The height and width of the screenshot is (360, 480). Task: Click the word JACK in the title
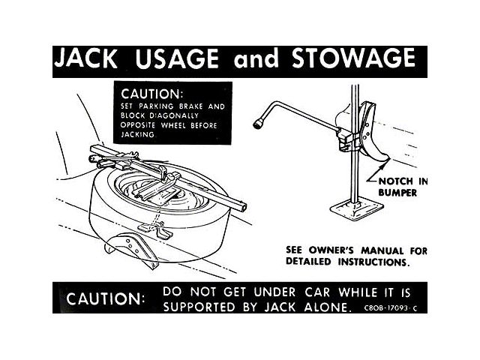86,58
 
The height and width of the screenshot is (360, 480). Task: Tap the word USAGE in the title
177,58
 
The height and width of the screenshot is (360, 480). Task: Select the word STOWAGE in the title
353,58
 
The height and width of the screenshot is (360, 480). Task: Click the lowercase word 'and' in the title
256,58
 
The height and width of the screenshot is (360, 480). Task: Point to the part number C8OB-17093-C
391,308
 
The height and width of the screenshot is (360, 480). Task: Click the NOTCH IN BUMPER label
403,187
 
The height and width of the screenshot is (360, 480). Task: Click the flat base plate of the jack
357,210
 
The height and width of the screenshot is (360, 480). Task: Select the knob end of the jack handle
259,123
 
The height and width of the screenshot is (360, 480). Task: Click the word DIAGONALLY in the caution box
174,116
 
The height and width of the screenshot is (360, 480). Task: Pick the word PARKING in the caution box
156,106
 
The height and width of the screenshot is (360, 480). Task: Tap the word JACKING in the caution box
137,134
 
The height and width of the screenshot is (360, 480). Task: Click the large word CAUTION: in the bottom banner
106,299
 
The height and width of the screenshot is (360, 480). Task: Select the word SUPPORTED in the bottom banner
199,307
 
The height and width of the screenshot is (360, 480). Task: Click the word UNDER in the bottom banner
275,292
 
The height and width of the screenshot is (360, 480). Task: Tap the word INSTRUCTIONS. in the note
373,262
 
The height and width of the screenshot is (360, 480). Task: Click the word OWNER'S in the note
331,250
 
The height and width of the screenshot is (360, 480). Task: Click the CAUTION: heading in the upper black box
151,94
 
